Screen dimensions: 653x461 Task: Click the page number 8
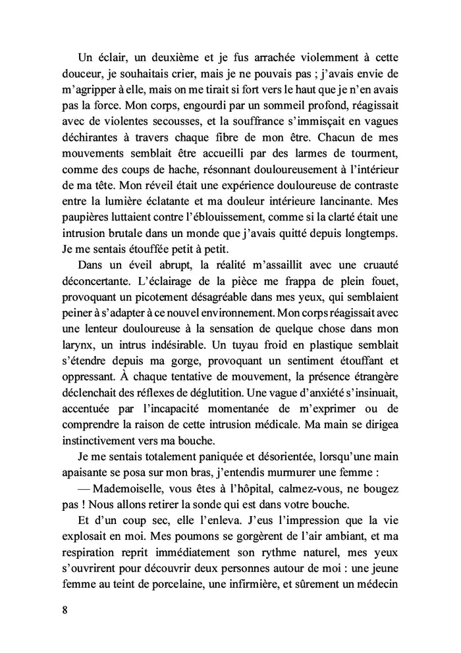click(63, 609)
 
